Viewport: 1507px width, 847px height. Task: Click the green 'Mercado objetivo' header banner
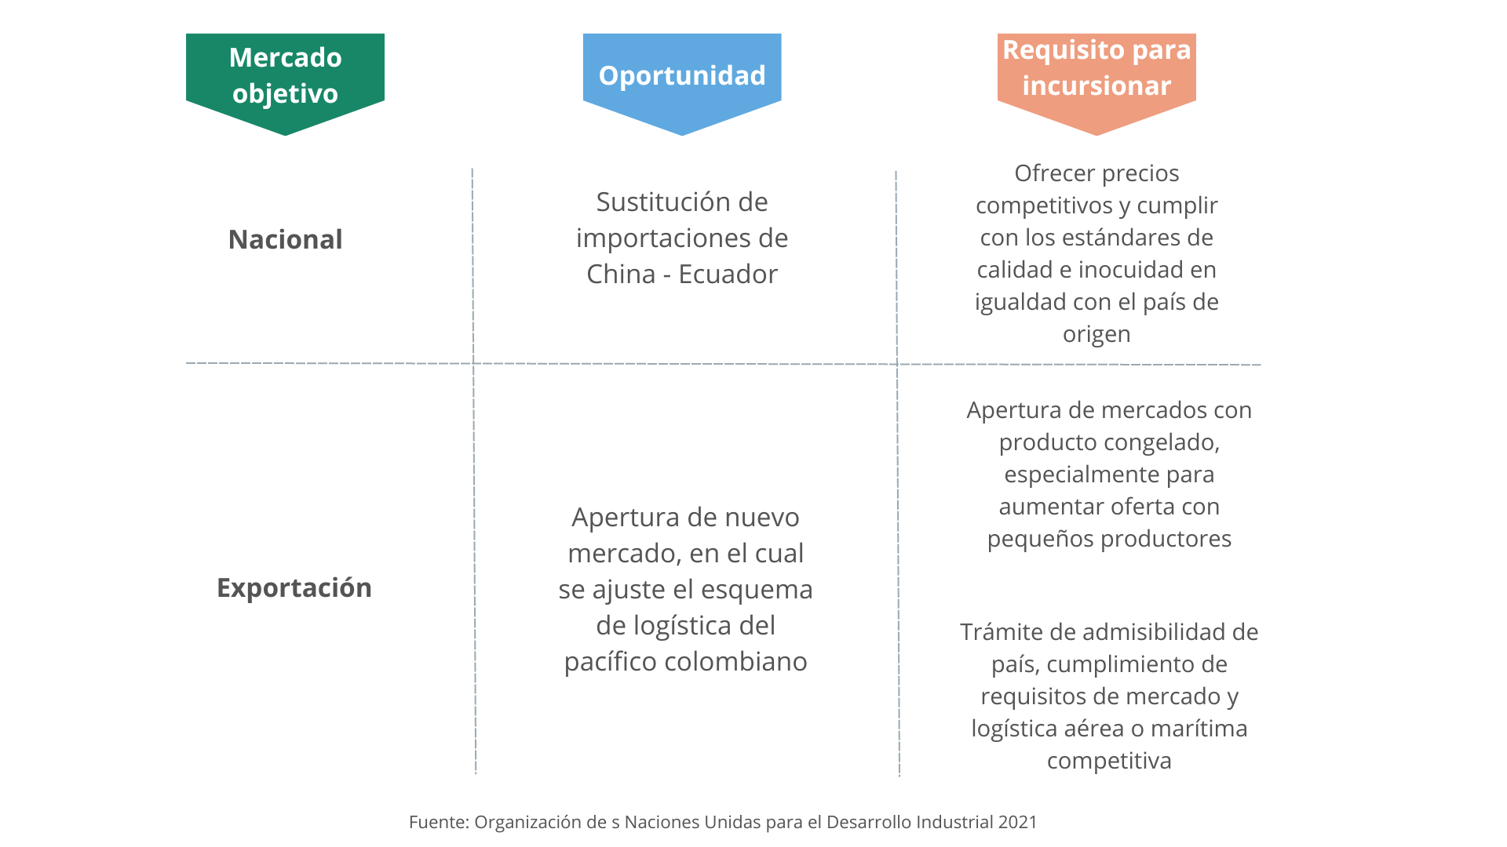pyautogui.click(x=285, y=75)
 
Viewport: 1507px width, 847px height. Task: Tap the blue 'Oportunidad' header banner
pyautogui.click(x=681, y=75)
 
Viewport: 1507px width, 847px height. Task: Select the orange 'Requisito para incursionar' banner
pyautogui.click(x=1096, y=68)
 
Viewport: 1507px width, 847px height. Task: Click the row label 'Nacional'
pyautogui.click(x=285, y=239)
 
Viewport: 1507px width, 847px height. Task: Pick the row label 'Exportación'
pyautogui.click(x=294, y=587)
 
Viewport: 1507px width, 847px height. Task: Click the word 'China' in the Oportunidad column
pyautogui.click(x=620, y=274)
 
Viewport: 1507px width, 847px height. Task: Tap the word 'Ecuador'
pyautogui.click(x=728, y=274)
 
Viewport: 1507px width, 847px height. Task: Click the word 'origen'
pyautogui.click(x=1096, y=334)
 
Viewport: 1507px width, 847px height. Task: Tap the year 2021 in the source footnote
pyautogui.click(x=1017, y=822)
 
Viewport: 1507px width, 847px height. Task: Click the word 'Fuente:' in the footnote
pyautogui.click(x=438, y=822)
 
